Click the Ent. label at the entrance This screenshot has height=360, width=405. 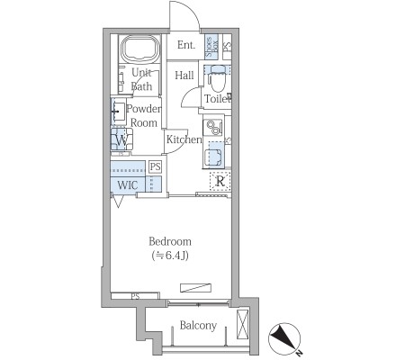(x=186, y=45)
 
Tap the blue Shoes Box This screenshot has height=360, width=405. (x=211, y=46)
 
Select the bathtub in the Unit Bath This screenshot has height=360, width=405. (x=140, y=49)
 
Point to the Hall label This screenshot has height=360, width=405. (x=184, y=75)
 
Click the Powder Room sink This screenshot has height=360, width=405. (x=119, y=112)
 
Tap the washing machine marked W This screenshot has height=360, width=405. (x=121, y=139)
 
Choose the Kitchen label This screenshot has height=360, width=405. (x=184, y=139)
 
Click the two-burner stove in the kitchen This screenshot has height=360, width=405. (x=212, y=128)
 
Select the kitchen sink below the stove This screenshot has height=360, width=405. (x=213, y=155)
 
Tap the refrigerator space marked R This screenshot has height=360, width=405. (x=220, y=181)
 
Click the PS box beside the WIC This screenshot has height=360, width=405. (x=155, y=166)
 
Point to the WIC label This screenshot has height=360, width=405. (x=128, y=185)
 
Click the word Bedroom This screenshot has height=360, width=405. (x=170, y=241)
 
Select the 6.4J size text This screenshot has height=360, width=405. (x=170, y=256)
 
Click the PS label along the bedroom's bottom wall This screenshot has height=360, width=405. (x=135, y=296)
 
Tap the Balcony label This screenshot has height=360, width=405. (x=198, y=326)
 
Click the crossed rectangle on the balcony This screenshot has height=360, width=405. (x=243, y=324)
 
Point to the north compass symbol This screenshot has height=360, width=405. (x=284, y=339)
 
